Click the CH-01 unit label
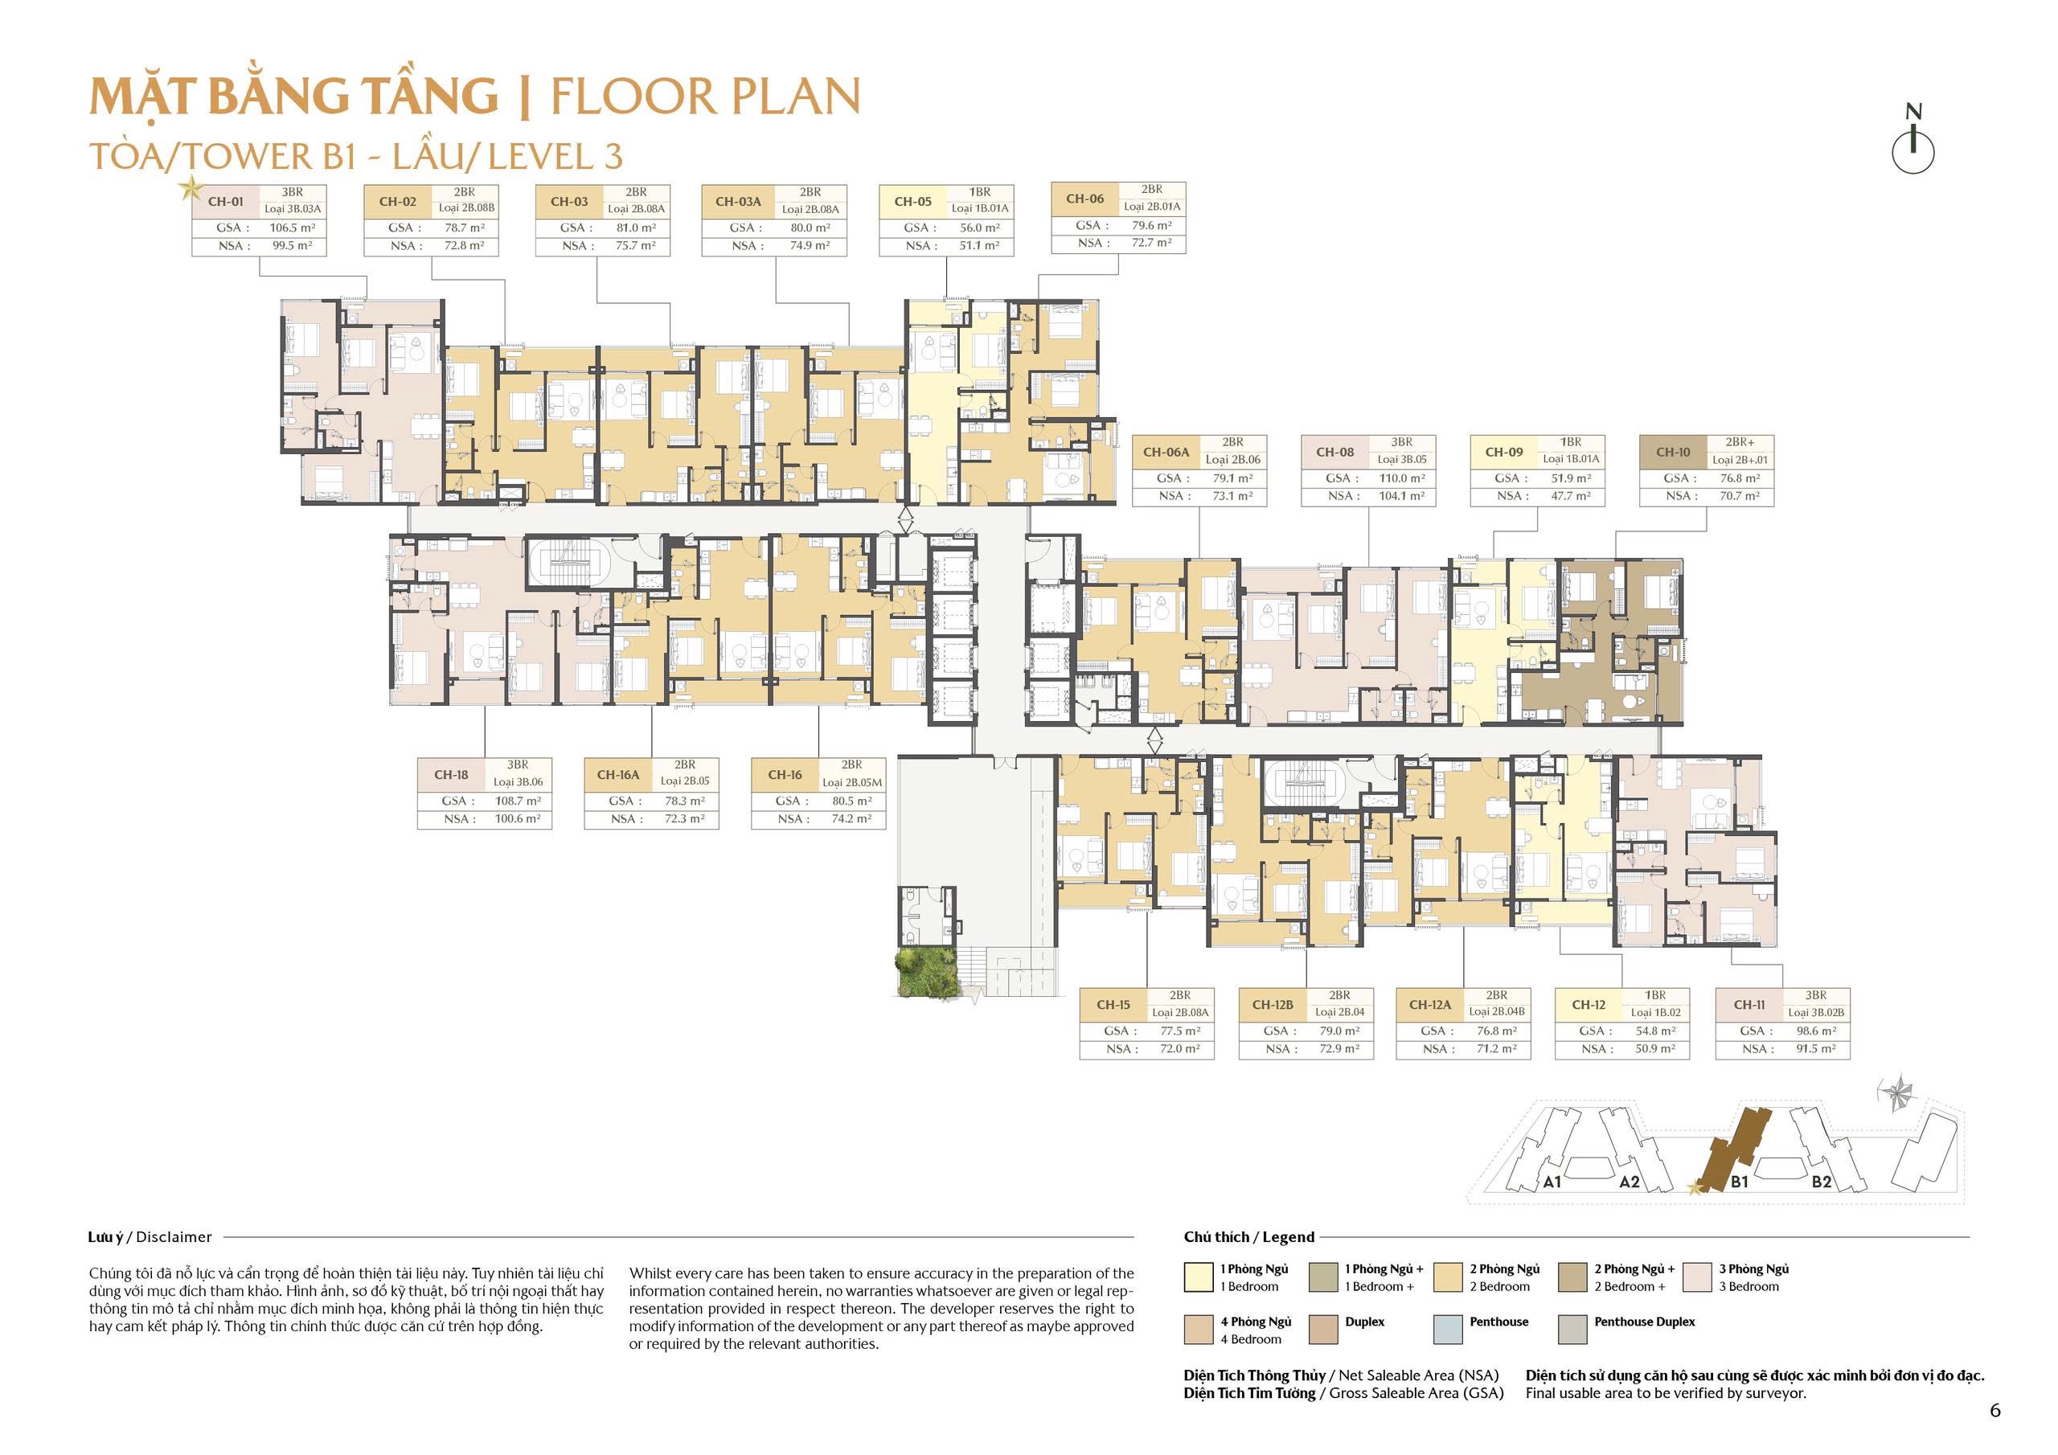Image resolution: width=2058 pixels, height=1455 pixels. (225, 202)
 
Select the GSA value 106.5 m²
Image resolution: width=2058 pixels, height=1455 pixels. (292, 227)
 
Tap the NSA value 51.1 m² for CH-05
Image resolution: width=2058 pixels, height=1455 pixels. (979, 246)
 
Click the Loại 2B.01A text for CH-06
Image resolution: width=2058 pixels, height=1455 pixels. (1152, 207)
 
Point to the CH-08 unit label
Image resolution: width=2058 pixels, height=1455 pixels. (1334, 453)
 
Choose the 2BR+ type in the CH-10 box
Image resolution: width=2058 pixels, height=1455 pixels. (1739, 443)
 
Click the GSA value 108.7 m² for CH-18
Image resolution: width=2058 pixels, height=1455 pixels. (517, 801)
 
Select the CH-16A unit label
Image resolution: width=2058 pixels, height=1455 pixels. (618, 776)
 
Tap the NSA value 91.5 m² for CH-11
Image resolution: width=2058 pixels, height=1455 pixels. (1815, 1049)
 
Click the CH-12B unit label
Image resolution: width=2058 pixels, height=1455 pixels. (1273, 1005)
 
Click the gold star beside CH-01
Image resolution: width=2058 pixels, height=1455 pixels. (190, 188)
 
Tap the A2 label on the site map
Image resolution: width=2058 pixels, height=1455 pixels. (1629, 1182)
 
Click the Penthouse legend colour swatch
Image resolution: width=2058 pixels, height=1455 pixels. (1448, 1330)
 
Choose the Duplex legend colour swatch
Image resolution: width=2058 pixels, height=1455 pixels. (1323, 1330)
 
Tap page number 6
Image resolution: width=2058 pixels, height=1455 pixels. (1994, 1410)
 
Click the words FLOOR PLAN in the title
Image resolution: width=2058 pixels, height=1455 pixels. (704, 96)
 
